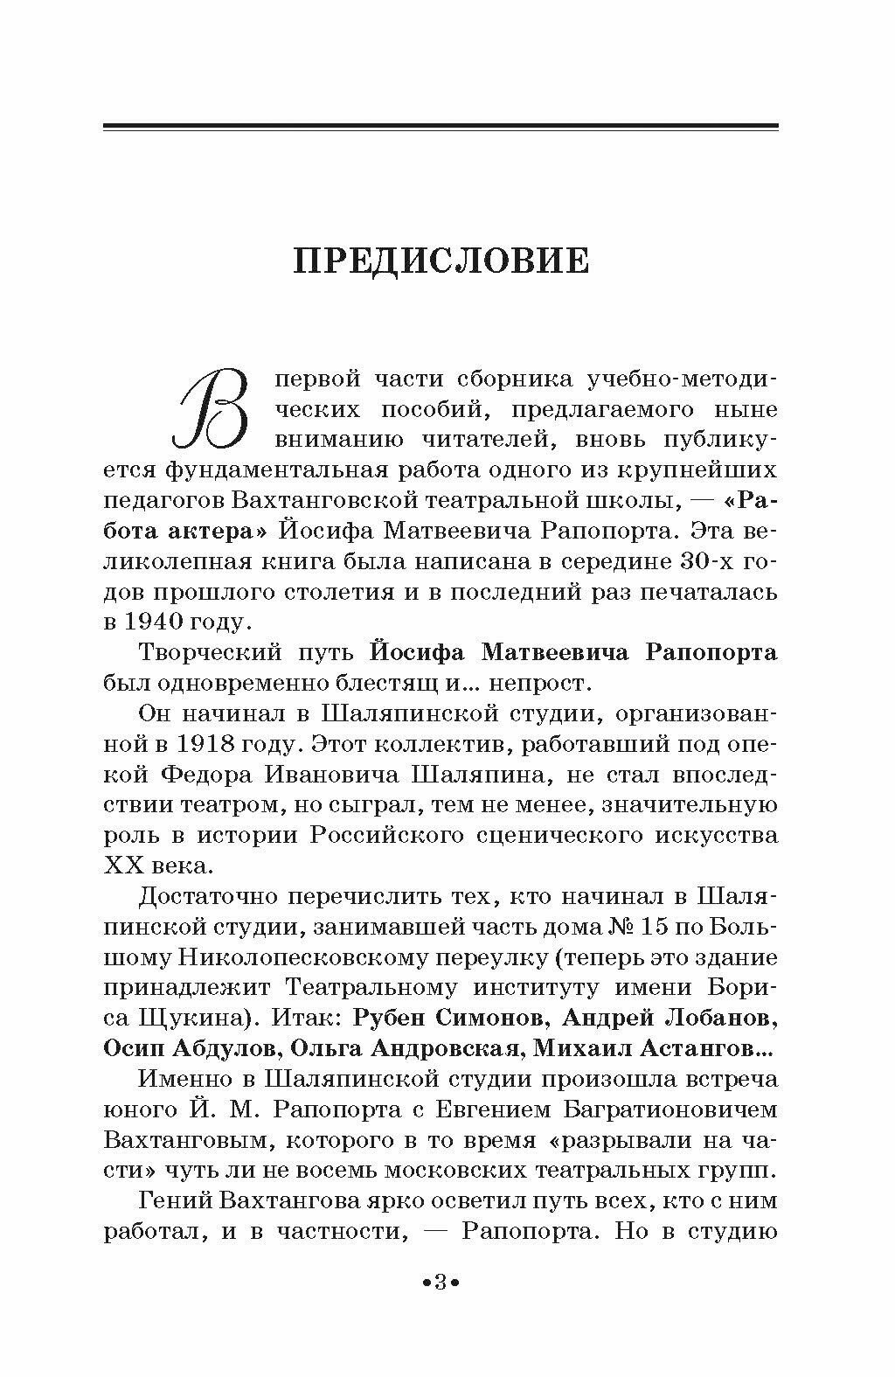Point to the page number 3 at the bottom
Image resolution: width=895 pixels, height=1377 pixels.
pyautogui.click(x=441, y=1283)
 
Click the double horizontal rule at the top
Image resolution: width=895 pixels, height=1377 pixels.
pyautogui.click(x=441, y=128)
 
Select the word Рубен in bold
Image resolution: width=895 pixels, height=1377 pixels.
pyautogui.click(x=392, y=1019)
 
